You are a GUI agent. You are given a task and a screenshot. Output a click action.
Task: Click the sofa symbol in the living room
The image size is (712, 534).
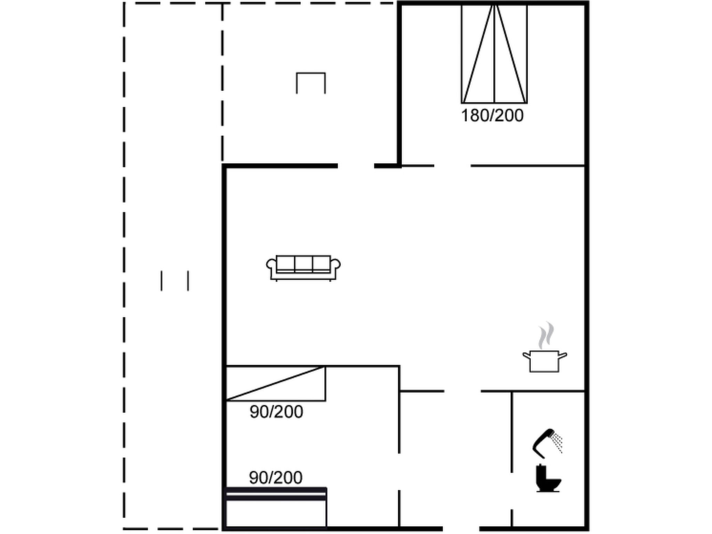coord(303,268)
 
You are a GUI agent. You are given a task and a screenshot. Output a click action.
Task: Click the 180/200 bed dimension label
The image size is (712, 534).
coord(492,116)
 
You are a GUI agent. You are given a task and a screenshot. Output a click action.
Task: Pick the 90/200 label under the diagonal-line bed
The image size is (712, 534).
coord(276,412)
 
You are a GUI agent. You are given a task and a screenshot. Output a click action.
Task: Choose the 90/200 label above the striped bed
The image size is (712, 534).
coord(276,478)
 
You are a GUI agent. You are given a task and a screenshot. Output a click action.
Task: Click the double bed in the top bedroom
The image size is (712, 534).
coord(494,54)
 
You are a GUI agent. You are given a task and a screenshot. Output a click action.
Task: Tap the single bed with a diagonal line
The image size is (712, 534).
coord(276,383)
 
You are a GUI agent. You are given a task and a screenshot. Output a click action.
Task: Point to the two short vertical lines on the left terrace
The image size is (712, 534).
coord(175,281)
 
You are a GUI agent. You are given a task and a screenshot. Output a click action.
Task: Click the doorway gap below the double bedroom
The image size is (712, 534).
coord(452,166)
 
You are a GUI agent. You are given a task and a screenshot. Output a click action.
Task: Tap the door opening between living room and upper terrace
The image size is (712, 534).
coord(356,166)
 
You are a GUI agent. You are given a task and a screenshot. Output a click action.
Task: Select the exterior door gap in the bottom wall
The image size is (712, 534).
coord(461,529)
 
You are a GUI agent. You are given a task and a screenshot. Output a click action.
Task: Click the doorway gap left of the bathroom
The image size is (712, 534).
coord(512,491)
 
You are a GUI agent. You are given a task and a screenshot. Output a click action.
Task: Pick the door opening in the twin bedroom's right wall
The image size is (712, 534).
coord(399,472)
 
